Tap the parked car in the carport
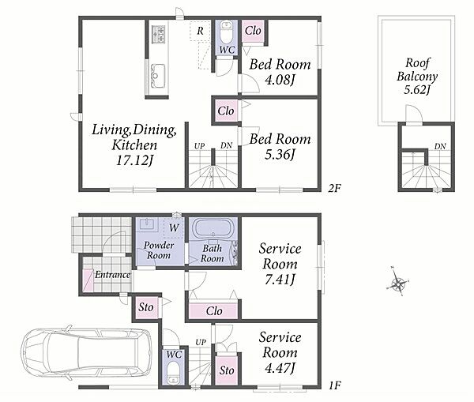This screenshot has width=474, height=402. pos(87,354)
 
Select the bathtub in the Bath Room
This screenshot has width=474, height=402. pos(213,229)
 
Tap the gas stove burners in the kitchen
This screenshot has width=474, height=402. pos(159,33)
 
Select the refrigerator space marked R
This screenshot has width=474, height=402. pos(200,31)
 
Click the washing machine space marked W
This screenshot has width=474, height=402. pos(174,227)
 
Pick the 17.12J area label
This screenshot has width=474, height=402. pos(134,160)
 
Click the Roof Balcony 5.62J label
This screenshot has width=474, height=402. pos(417,77)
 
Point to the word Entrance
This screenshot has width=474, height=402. pos(112,275)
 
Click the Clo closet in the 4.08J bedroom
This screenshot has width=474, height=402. pos(253,31)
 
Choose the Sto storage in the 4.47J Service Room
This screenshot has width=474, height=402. pos(227,370)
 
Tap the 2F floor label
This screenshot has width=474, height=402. pos(335,189)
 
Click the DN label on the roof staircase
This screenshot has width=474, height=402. pos(440,146)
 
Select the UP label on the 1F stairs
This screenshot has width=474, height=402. pos(201,343)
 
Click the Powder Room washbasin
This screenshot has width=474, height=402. pos(148,224)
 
